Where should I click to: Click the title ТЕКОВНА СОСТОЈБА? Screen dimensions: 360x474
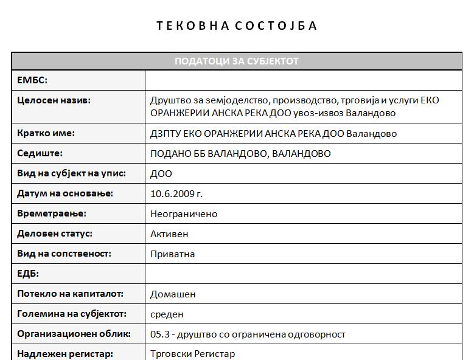(237, 26)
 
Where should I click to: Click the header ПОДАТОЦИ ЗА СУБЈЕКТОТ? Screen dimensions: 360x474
(237, 61)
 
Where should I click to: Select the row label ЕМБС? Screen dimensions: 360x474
(32, 80)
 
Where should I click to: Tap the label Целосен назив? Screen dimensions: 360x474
(54, 100)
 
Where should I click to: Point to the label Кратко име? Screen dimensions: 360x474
(46, 133)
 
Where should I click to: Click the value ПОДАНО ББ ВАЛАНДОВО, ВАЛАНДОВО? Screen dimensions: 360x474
(240, 153)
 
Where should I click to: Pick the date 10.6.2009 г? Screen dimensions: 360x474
(176, 193)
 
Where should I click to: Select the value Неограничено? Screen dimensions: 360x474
(184, 213)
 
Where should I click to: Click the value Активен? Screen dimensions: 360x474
(169, 234)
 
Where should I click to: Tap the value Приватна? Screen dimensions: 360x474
(172, 254)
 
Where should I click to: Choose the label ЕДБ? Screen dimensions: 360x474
(28, 274)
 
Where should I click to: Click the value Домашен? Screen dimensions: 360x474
(173, 294)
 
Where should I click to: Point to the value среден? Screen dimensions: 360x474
(167, 314)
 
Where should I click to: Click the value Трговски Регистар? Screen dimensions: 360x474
(192, 353)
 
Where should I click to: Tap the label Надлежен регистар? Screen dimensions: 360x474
(65, 353)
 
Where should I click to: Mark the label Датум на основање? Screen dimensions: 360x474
(65, 193)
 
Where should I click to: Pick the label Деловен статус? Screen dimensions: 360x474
(55, 234)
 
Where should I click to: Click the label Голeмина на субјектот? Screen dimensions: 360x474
(72, 314)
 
